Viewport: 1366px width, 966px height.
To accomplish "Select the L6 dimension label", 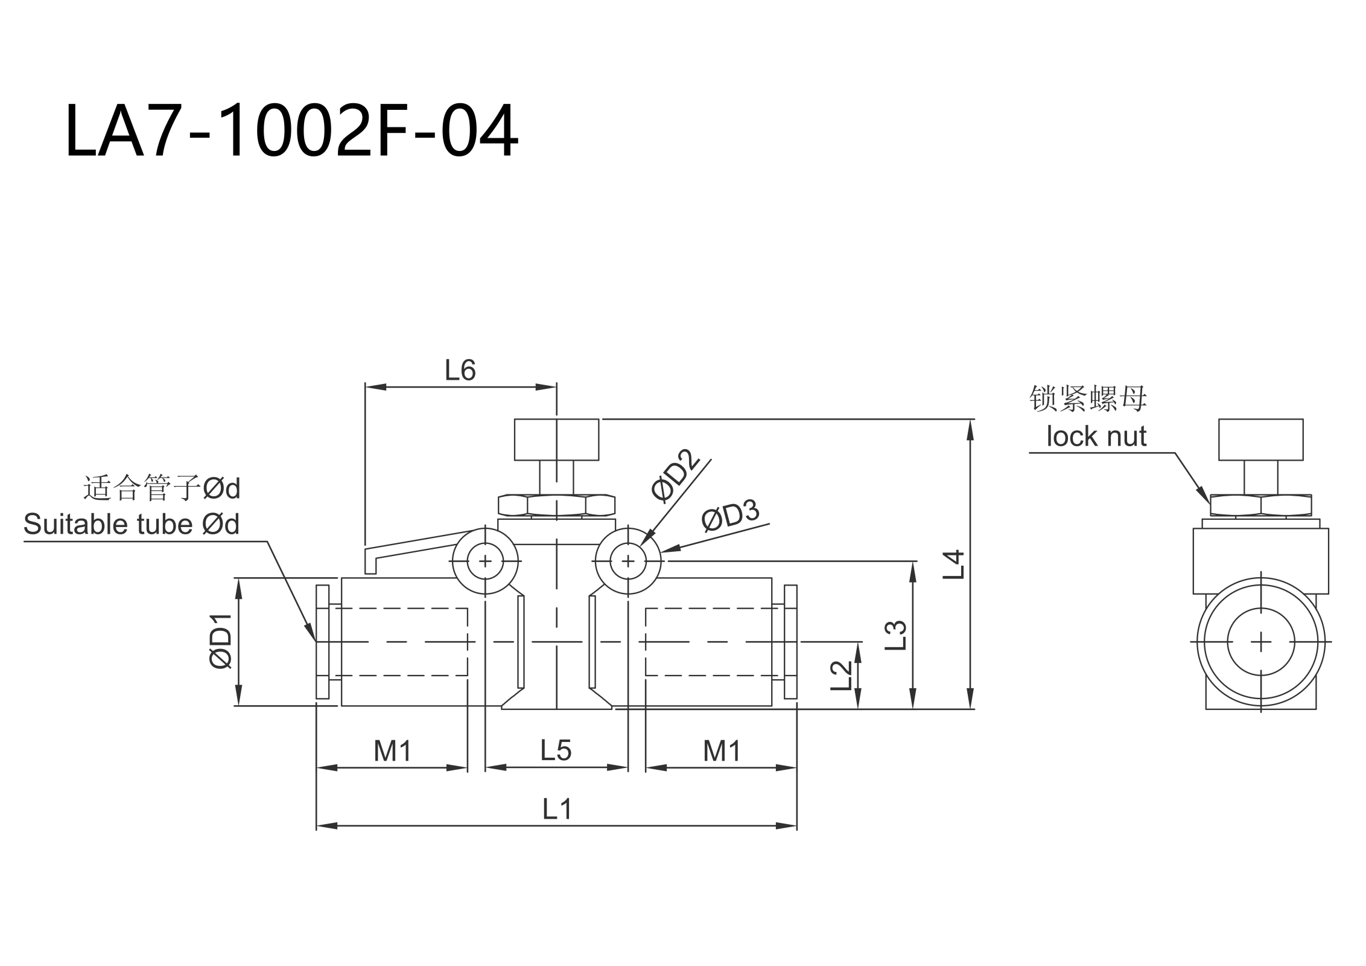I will (x=460, y=370).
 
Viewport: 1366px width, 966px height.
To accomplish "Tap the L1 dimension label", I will (x=556, y=809).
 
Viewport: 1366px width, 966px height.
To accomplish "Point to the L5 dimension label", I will (x=556, y=750).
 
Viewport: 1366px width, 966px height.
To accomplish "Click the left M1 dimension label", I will (x=392, y=751).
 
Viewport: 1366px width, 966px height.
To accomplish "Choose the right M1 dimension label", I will (x=722, y=751).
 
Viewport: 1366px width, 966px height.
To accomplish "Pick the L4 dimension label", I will (x=955, y=565).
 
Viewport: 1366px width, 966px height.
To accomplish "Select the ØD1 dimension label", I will (x=221, y=641).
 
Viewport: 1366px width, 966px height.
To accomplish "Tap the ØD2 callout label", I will (x=676, y=475).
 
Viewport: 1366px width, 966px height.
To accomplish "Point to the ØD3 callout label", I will (x=730, y=515).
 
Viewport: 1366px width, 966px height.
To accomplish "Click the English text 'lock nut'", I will (x=1096, y=436).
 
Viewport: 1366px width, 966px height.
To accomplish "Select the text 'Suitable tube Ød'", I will (x=132, y=524).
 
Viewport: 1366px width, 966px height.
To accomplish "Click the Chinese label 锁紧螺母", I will (x=1088, y=398).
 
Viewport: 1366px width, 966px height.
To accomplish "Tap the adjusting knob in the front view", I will (x=556, y=440).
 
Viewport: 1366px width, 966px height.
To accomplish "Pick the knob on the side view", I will (x=1260, y=440).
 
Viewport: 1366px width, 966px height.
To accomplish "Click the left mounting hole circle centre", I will (x=485, y=561).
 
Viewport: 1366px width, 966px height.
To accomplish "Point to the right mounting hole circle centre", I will (x=628, y=561).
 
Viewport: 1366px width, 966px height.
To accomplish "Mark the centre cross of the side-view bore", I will (x=1261, y=641).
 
